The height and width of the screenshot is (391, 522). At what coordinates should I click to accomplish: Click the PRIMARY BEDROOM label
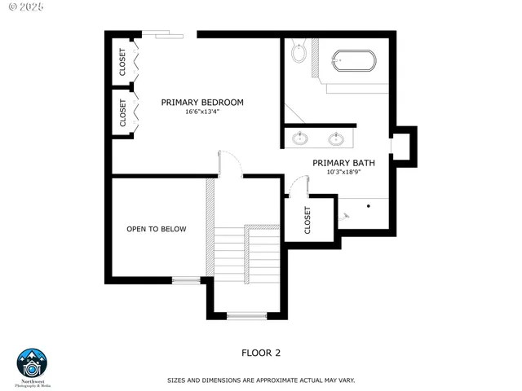[x=202, y=102]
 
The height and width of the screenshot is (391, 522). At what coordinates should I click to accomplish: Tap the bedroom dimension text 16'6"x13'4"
[x=202, y=112]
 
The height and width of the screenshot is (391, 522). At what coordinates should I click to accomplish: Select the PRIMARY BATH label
[x=343, y=163]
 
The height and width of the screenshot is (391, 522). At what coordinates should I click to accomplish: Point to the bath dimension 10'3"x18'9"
[x=343, y=173]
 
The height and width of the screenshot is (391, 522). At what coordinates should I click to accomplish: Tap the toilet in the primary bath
[x=299, y=53]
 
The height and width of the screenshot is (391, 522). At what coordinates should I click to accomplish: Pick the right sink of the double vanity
[x=336, y=138]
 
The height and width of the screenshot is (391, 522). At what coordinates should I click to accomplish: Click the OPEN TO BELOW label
[x=156, y=229]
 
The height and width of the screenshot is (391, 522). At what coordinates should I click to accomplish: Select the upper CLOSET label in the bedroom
[x=123, y=63]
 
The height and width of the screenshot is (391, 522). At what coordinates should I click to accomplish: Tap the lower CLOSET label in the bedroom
[x=123, y=112]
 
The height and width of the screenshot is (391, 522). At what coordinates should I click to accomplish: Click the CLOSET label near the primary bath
[x=307, y=219]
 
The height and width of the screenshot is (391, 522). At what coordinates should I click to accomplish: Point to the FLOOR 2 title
[x=261, y=353]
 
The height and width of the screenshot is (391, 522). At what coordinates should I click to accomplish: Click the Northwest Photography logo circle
[x=33, y=363]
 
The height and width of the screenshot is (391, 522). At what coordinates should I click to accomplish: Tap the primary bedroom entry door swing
[x=230, y=163]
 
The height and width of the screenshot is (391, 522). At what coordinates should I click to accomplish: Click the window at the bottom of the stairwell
[x=246, y=316]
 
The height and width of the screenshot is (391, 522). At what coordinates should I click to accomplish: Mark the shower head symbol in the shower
[x=346, y=217]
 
